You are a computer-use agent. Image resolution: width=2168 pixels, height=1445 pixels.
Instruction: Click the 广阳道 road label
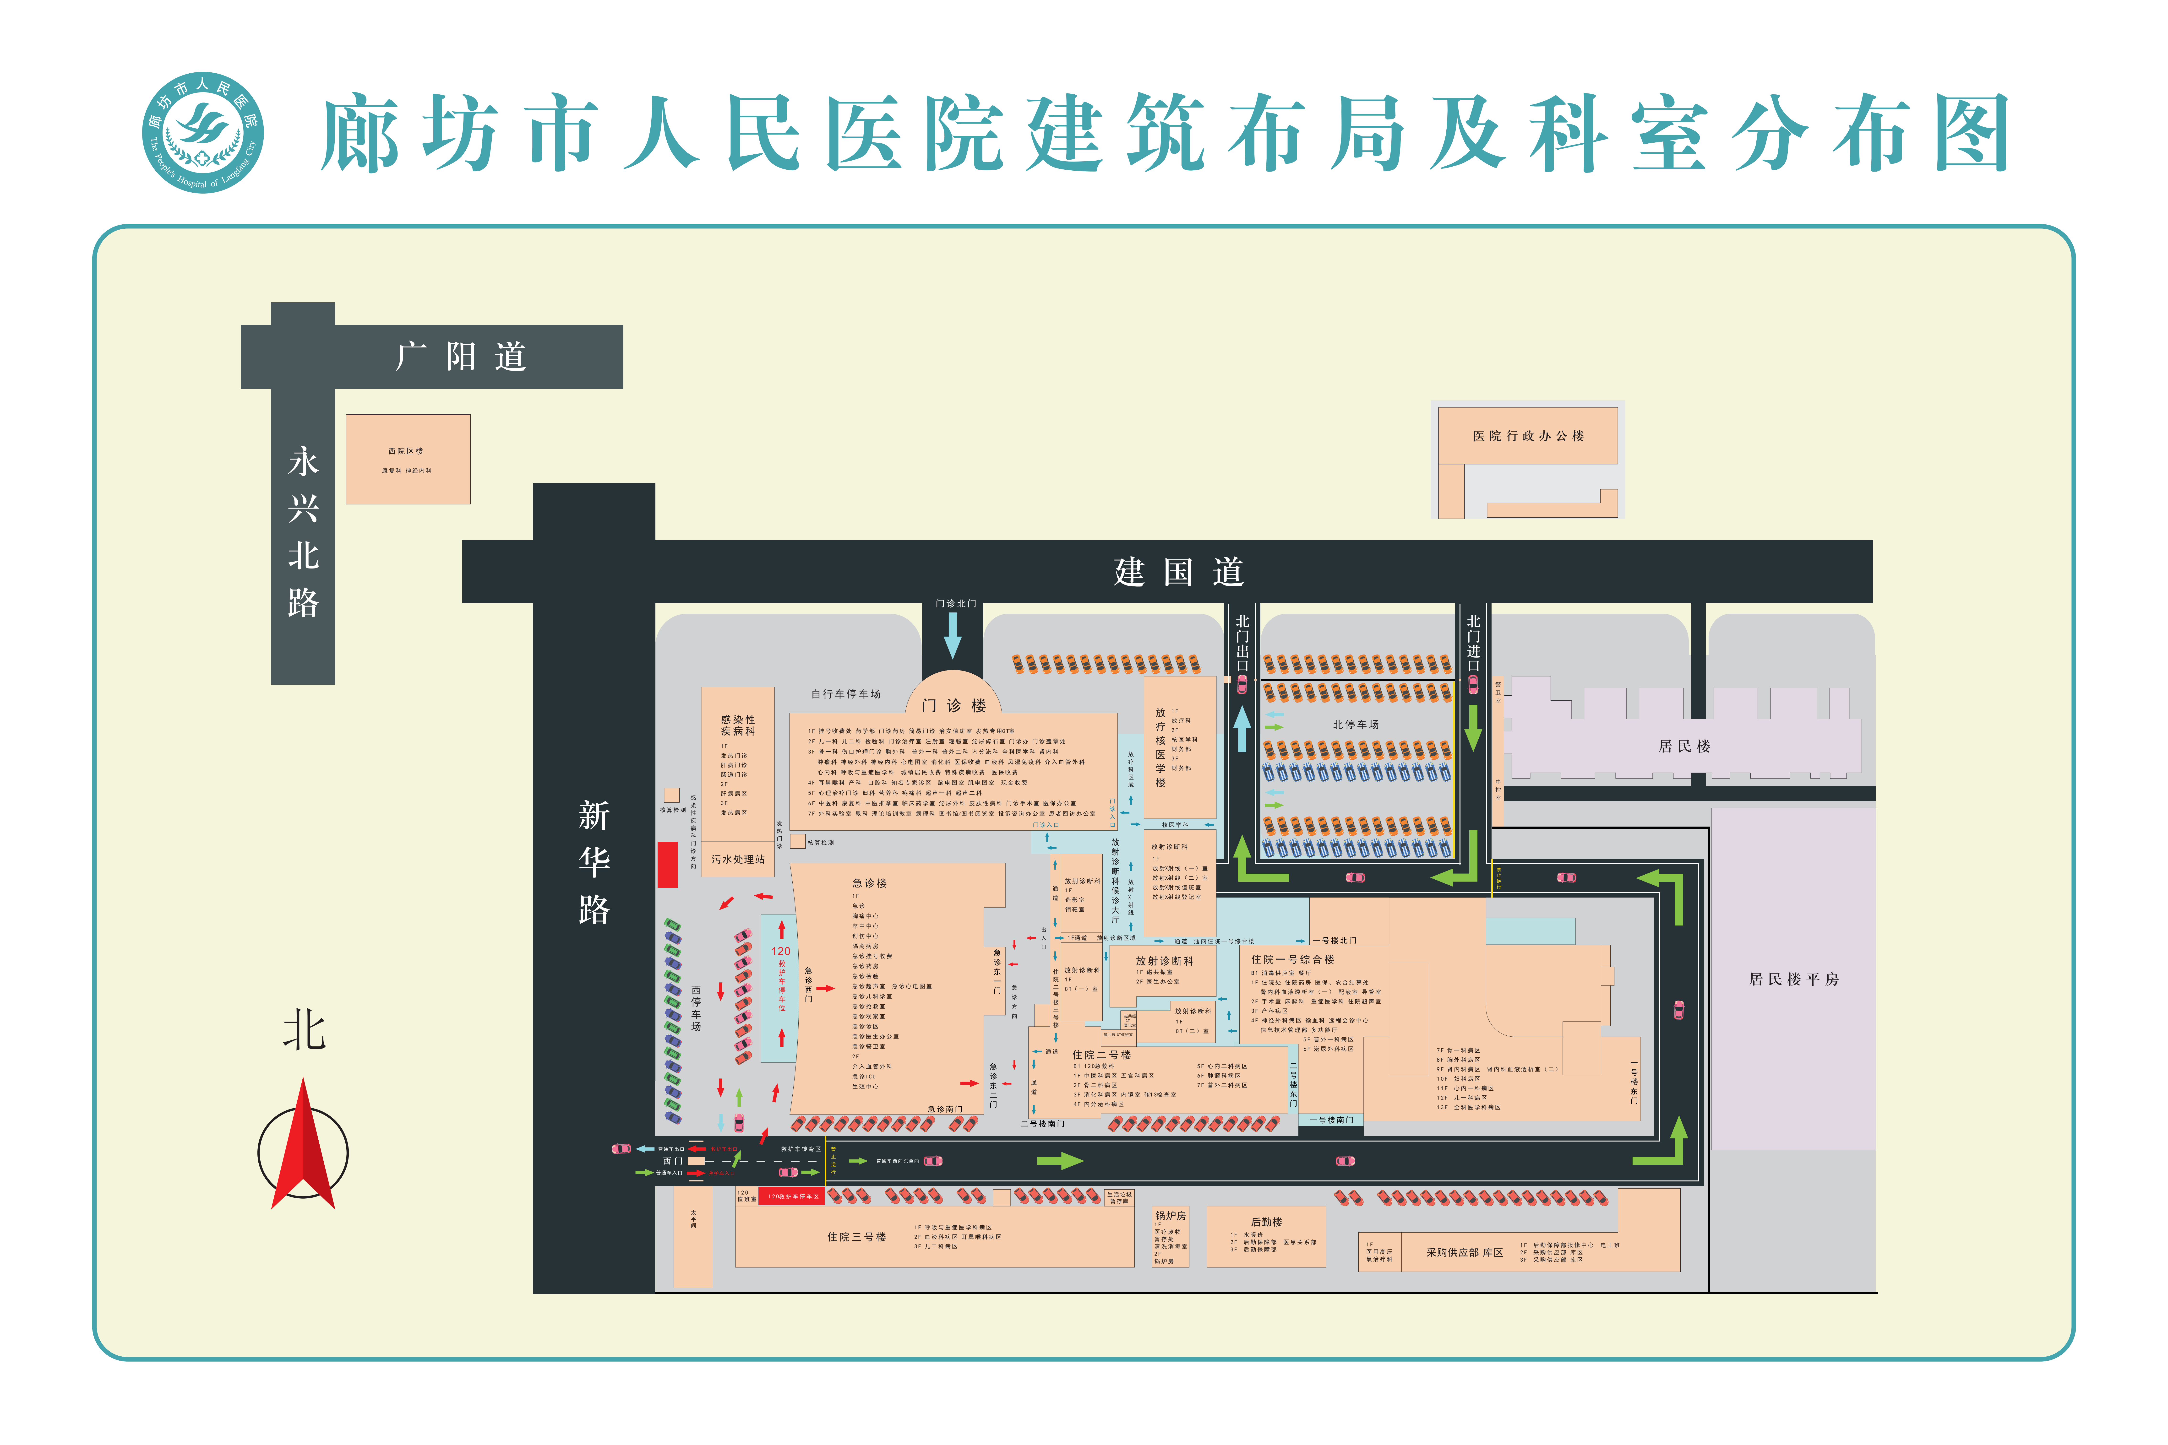point(461,357)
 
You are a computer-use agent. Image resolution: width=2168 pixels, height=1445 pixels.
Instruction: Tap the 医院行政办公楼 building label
point(1527,436)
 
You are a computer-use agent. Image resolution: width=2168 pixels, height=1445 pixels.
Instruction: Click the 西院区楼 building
point(407,459)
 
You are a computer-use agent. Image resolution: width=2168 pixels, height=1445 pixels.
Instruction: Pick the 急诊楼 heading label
point(869,883)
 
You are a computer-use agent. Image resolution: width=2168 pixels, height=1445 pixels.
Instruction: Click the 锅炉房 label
point(1170,1216)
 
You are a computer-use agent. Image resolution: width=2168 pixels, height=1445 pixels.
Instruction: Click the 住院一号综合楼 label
point(1292,959)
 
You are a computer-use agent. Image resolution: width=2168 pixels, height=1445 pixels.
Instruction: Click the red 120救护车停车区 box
point(793,1196)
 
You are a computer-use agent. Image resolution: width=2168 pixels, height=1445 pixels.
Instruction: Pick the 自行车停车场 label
point(845,694)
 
